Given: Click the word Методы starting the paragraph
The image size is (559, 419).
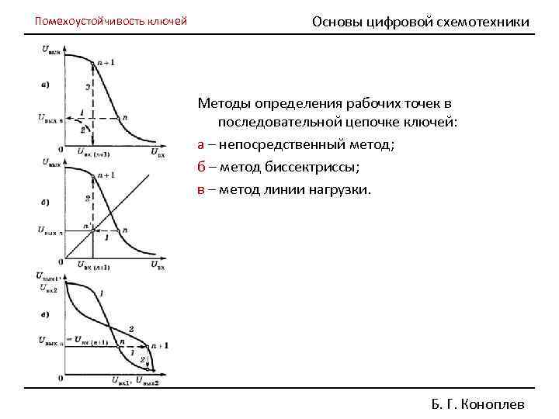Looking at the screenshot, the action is [222, 102].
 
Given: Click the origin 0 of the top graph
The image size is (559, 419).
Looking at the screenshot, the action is [60, 148].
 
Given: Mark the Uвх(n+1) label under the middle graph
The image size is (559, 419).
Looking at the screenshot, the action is [93, 267].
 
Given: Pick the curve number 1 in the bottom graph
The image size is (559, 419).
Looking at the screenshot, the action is [101, 293].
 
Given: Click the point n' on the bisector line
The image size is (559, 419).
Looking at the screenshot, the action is [91, 226].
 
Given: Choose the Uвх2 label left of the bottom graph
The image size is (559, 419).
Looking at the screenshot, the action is [48, 288].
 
